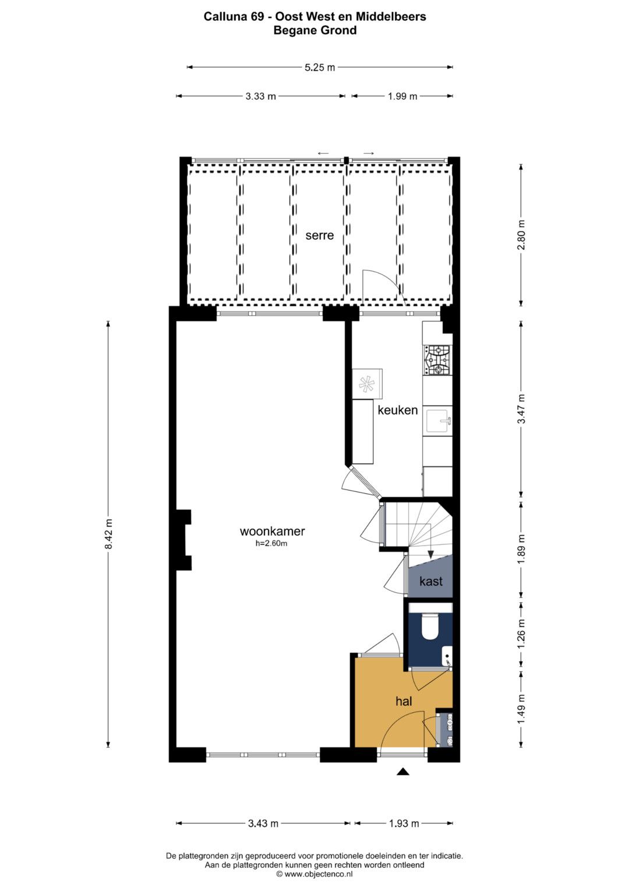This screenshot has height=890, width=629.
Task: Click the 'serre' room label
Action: [x=319, y=235]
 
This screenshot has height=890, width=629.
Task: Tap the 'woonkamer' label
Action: [x=272, y=531]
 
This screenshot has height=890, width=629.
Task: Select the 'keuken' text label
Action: [x=397, y=410]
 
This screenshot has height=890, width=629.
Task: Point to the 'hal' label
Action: [x=404, y=701]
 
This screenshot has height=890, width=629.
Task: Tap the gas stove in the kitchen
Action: [x=438, y=360]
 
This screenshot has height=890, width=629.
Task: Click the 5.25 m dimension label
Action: [x=320, y=68]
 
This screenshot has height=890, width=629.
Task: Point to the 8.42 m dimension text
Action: [x=108, y=534]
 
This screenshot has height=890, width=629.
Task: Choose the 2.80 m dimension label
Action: [x=522, y=235]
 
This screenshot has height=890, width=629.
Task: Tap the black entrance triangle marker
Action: [x=404, y=772]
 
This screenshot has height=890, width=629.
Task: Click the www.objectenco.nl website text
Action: [x=314, y=874]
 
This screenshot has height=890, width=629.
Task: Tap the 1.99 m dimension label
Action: [x=402, y=96]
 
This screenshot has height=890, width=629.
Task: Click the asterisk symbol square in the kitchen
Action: [x=367, y=384]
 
